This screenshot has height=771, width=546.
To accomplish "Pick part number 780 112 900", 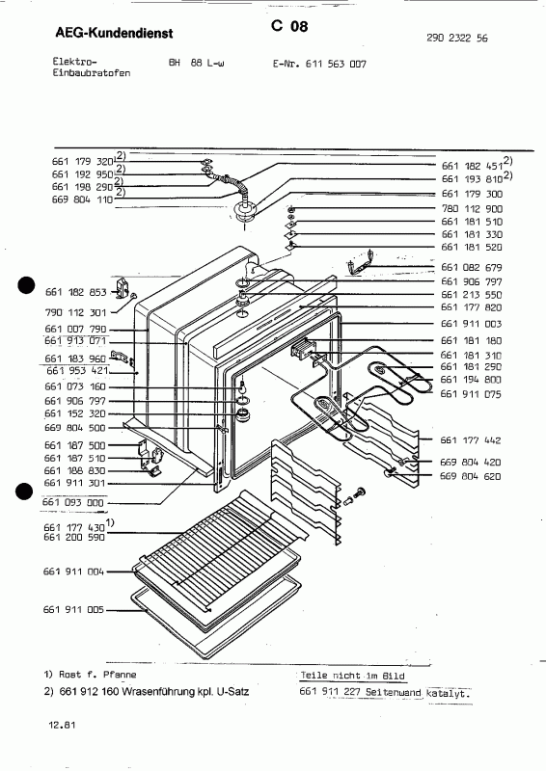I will tap(474, 209).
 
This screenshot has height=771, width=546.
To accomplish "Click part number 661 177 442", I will tap(474, 440).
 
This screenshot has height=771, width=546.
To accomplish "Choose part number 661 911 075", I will tap(474, 393).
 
